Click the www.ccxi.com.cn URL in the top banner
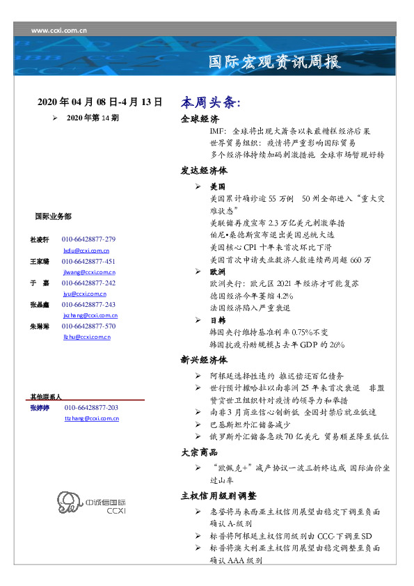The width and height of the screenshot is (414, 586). (59, 31)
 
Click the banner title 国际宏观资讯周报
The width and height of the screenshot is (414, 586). (275, 62)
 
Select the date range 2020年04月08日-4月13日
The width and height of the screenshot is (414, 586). (100, 102)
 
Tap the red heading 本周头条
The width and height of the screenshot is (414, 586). (210, 102)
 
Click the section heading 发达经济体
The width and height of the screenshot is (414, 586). (204, 171)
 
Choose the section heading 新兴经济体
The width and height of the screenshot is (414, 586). (204, 361)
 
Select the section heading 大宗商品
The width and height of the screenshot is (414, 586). (200, 452)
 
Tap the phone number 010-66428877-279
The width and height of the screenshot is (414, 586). (88, 239)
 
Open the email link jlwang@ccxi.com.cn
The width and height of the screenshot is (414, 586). (89, 272)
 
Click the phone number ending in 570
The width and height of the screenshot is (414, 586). (88, 326)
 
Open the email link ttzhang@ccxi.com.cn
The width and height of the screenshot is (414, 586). (91, 418)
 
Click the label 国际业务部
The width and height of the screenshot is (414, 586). (52, 216)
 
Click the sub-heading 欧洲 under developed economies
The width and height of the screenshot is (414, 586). (217, 274)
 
